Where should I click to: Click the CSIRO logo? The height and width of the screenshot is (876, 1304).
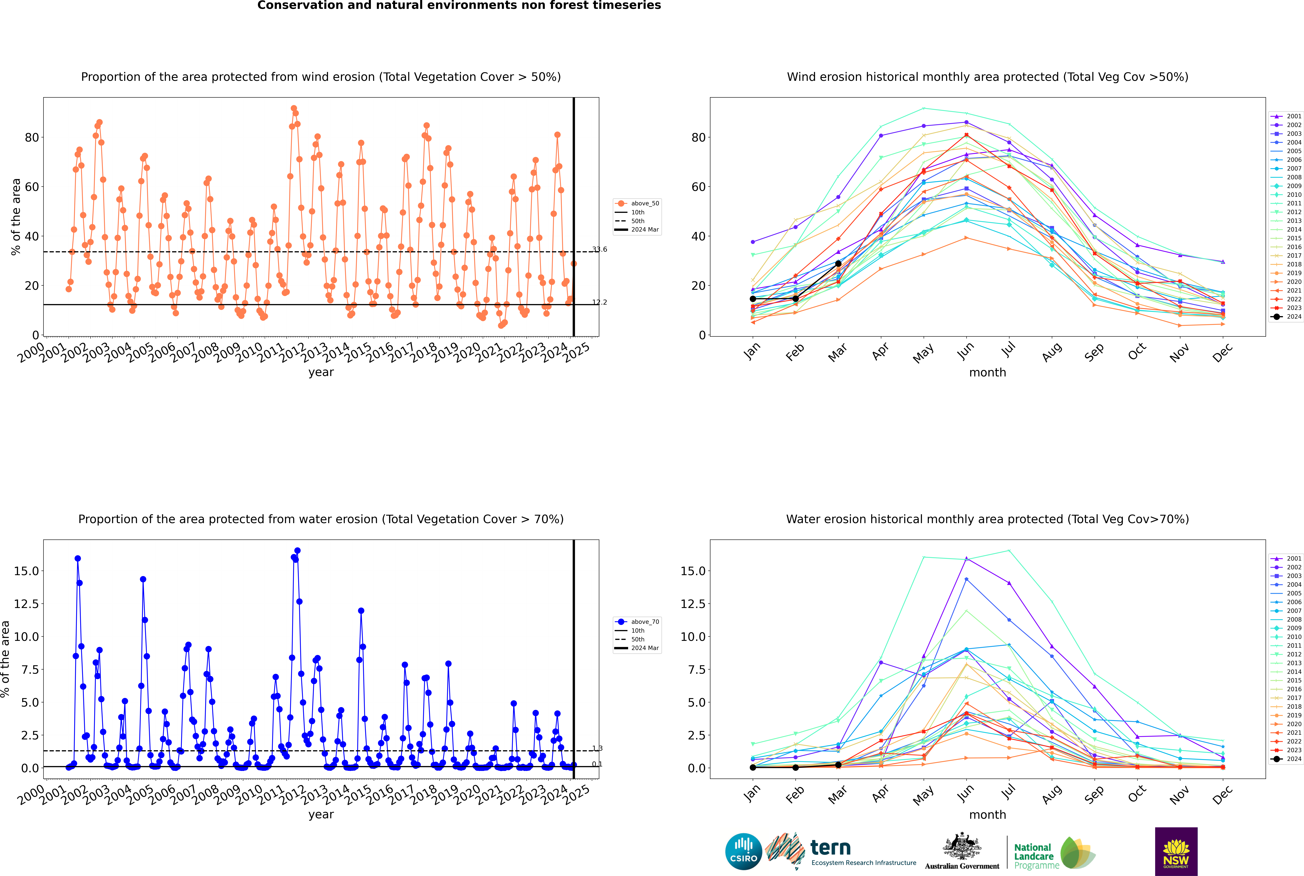(743, 851)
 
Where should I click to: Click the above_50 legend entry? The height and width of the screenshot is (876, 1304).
(637, 203)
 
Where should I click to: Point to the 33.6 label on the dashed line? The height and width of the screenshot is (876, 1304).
(600, 249)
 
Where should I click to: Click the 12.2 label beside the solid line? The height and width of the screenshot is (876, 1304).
(600, 302)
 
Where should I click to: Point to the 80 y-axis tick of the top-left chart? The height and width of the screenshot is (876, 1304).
(32, 137)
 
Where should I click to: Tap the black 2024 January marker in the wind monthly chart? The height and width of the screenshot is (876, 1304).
(753, 299)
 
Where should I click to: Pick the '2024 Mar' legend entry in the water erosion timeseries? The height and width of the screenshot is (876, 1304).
(637, 648)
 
